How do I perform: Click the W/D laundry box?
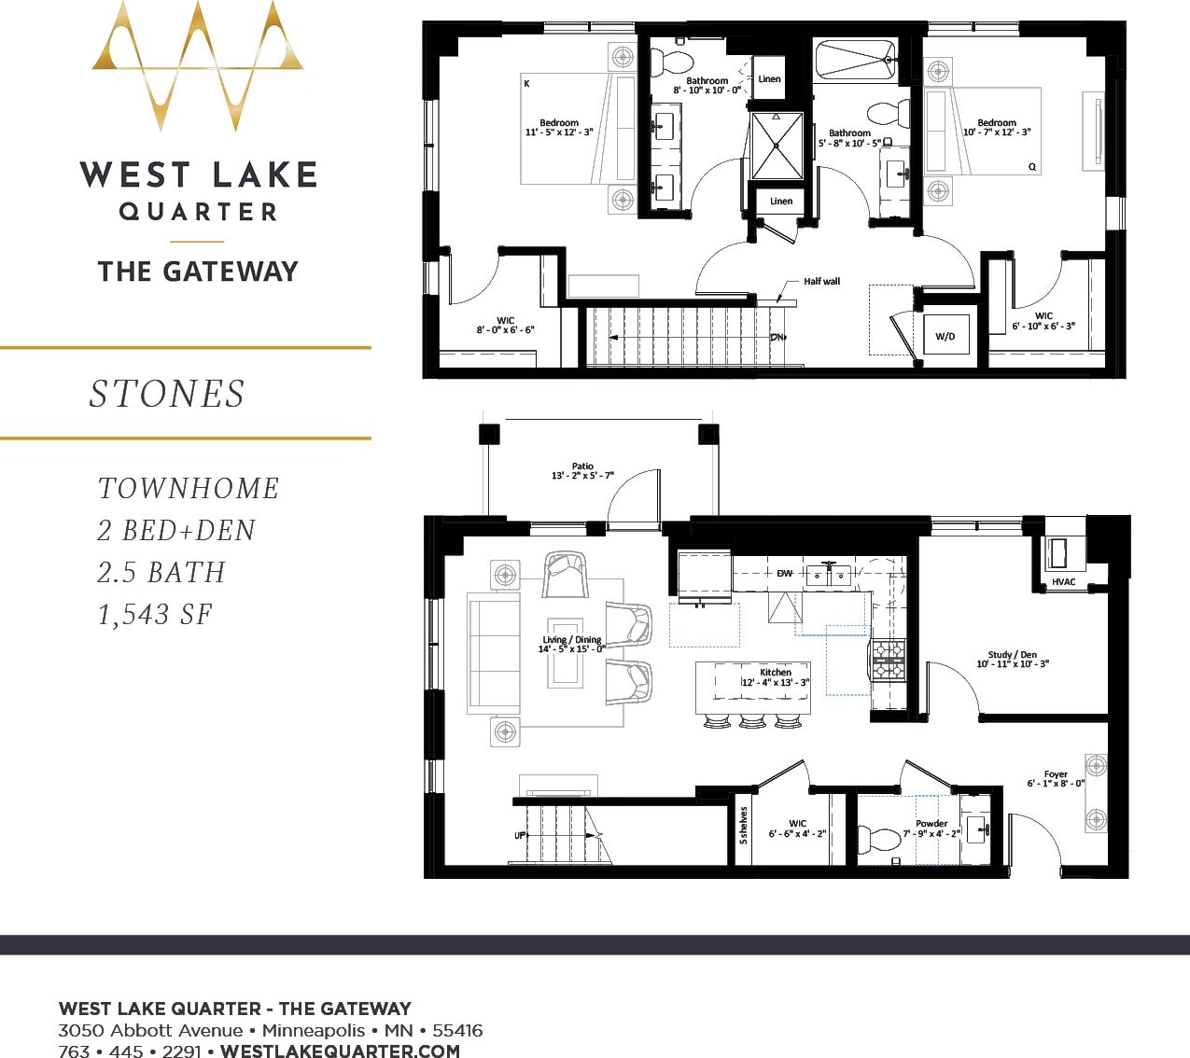(x=945, y=336)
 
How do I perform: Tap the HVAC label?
(x=1063, y=582)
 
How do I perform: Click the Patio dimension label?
(x=582, y=471)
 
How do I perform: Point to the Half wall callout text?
(x=821, y=281)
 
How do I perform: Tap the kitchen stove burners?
(x=888, y=659)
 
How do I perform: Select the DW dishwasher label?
(x=784, y=573)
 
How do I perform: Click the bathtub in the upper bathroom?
(x=855, y=60)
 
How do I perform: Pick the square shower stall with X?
(x=777, y=145)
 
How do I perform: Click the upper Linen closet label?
(x=769, y=79)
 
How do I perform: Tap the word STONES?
(x=167, y=394)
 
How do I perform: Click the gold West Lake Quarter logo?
(x=198, y=65)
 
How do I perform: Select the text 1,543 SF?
(x=155, y=615)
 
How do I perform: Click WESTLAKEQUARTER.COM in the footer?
(x=341, y=1051)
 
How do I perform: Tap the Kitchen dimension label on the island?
(x=775, y=677)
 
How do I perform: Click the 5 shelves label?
(x=744, y=826)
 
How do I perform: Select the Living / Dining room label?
(x=571, y=645)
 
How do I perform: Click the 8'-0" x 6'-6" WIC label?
(x=505, y=325)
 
